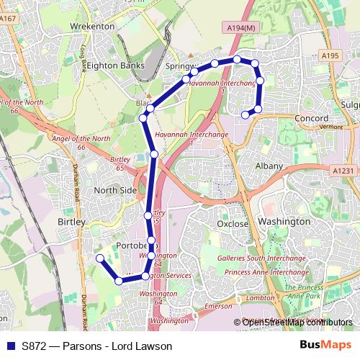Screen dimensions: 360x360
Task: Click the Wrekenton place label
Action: pos(92,26)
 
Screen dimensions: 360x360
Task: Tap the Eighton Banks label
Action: pos(117,65)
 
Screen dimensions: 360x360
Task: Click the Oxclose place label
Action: pos(233,223)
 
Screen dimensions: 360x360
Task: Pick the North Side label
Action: pos(115,190)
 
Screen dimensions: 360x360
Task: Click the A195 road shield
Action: pos(330,55)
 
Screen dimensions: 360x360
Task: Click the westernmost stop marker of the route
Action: pos(100,258)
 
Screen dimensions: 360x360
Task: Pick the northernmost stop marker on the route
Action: pos(236,59)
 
